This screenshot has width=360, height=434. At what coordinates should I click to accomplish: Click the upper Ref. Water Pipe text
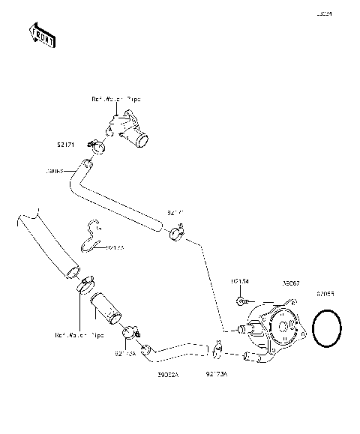coord(116,98)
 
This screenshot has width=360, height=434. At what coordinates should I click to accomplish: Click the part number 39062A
coord(167,372)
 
